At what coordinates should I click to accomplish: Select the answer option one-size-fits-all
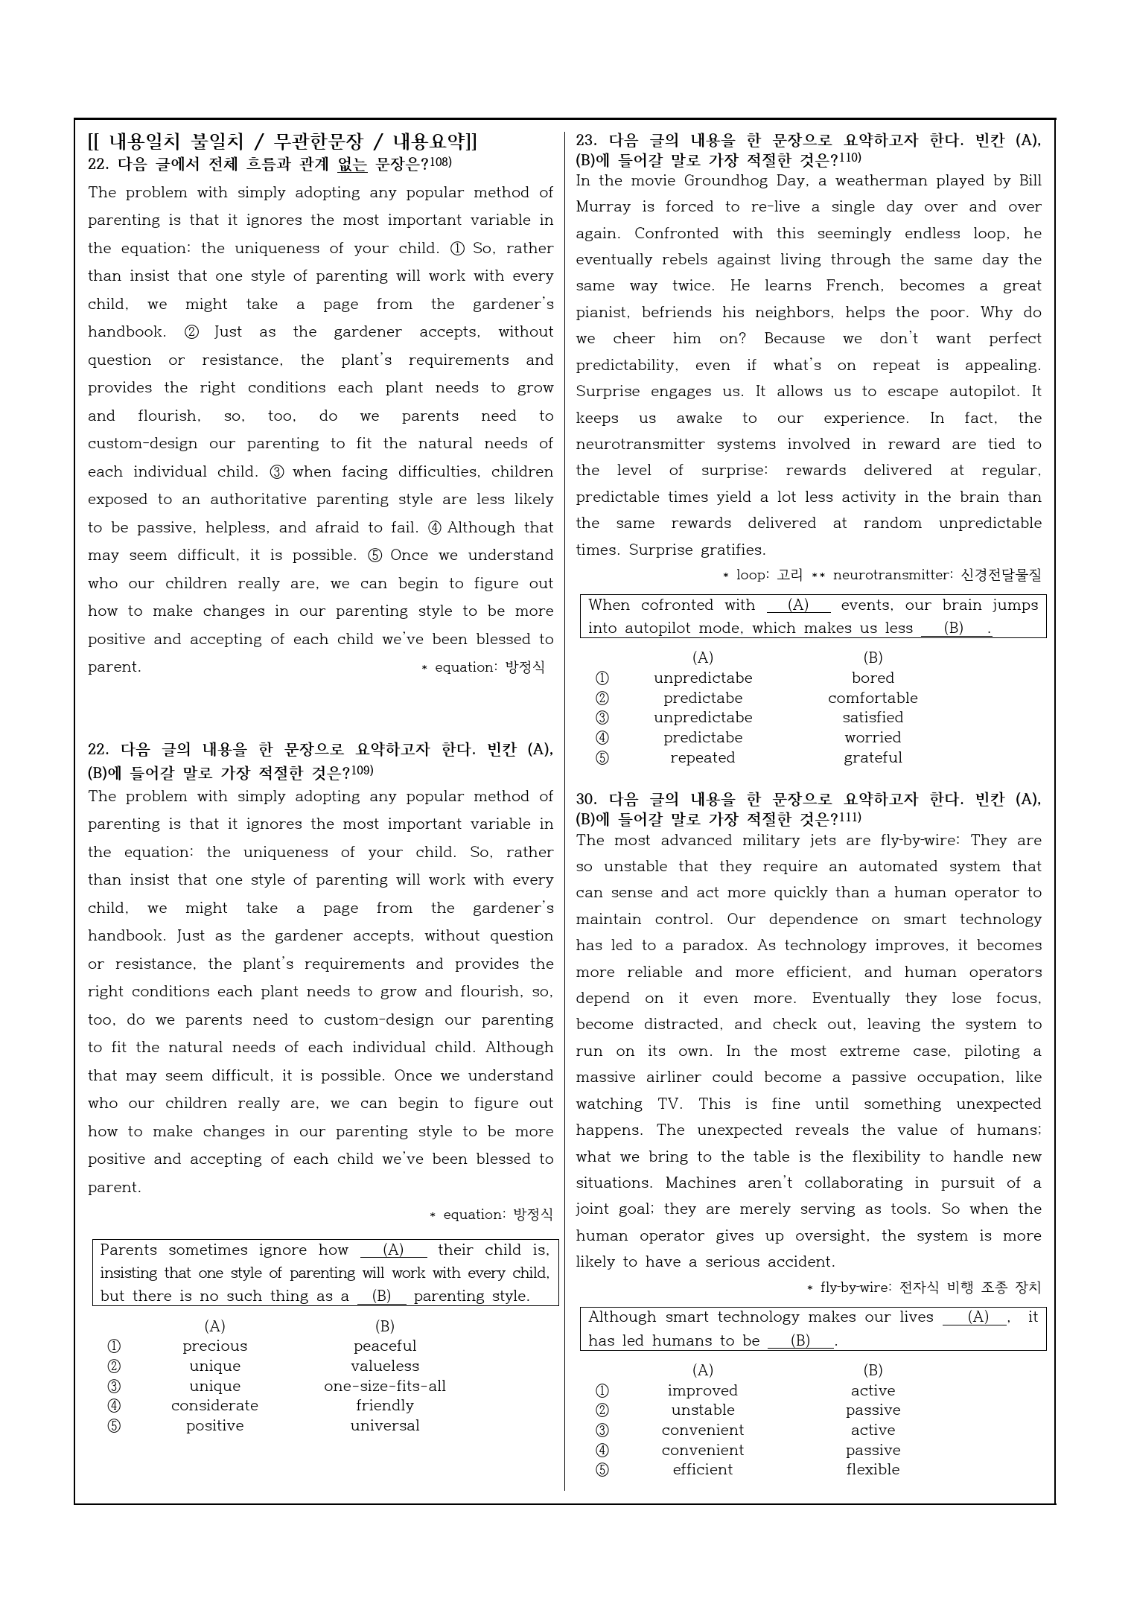click(x=384, y=1386)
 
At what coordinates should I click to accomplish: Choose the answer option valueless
click(x=384, y=1366)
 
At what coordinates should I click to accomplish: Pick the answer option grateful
click(x=873, y=757)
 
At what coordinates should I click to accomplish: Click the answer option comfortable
click(x=873, y=698)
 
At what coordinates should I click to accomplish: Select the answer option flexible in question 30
click(x=873, y=1469)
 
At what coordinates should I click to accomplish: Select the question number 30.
click(x=586, y=800)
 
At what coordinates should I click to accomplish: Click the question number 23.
click(x=586, y=140)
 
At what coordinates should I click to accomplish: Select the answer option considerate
click(x=214, y=1405)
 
